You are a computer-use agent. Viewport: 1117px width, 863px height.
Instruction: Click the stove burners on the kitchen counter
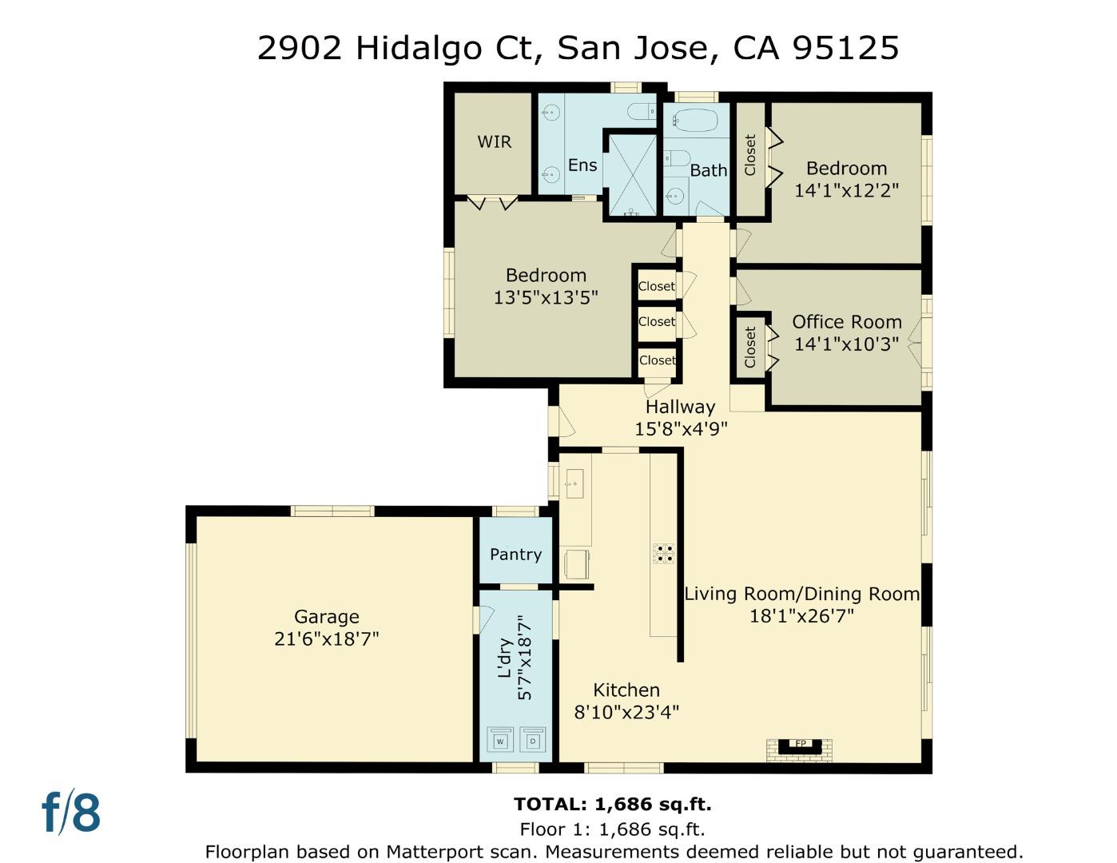click(664, 553)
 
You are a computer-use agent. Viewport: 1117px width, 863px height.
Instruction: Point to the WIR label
click(494, 142)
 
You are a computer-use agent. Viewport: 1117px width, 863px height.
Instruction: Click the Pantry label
click(515, 554)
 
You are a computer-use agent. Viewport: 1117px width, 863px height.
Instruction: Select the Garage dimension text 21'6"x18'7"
click(326, 639)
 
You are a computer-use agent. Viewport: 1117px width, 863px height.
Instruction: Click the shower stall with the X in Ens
click(632, 174)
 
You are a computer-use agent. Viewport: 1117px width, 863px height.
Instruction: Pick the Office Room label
click(846, 322)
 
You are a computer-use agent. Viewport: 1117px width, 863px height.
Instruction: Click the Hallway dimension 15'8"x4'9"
click(681, 429)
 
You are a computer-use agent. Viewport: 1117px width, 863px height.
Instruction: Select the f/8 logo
click(71, 813)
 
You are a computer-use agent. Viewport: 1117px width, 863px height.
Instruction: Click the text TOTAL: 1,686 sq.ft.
click(612, 804)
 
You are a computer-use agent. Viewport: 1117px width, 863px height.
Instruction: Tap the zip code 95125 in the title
click(845, 48)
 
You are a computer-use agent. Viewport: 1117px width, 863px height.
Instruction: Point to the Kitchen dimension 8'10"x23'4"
click(626, 712)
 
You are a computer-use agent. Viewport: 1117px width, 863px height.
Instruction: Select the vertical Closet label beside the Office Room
click(749, 347)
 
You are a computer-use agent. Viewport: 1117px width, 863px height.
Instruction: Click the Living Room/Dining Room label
click(801, 594)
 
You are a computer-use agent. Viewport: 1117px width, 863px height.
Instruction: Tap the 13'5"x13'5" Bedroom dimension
click(546, 298)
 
